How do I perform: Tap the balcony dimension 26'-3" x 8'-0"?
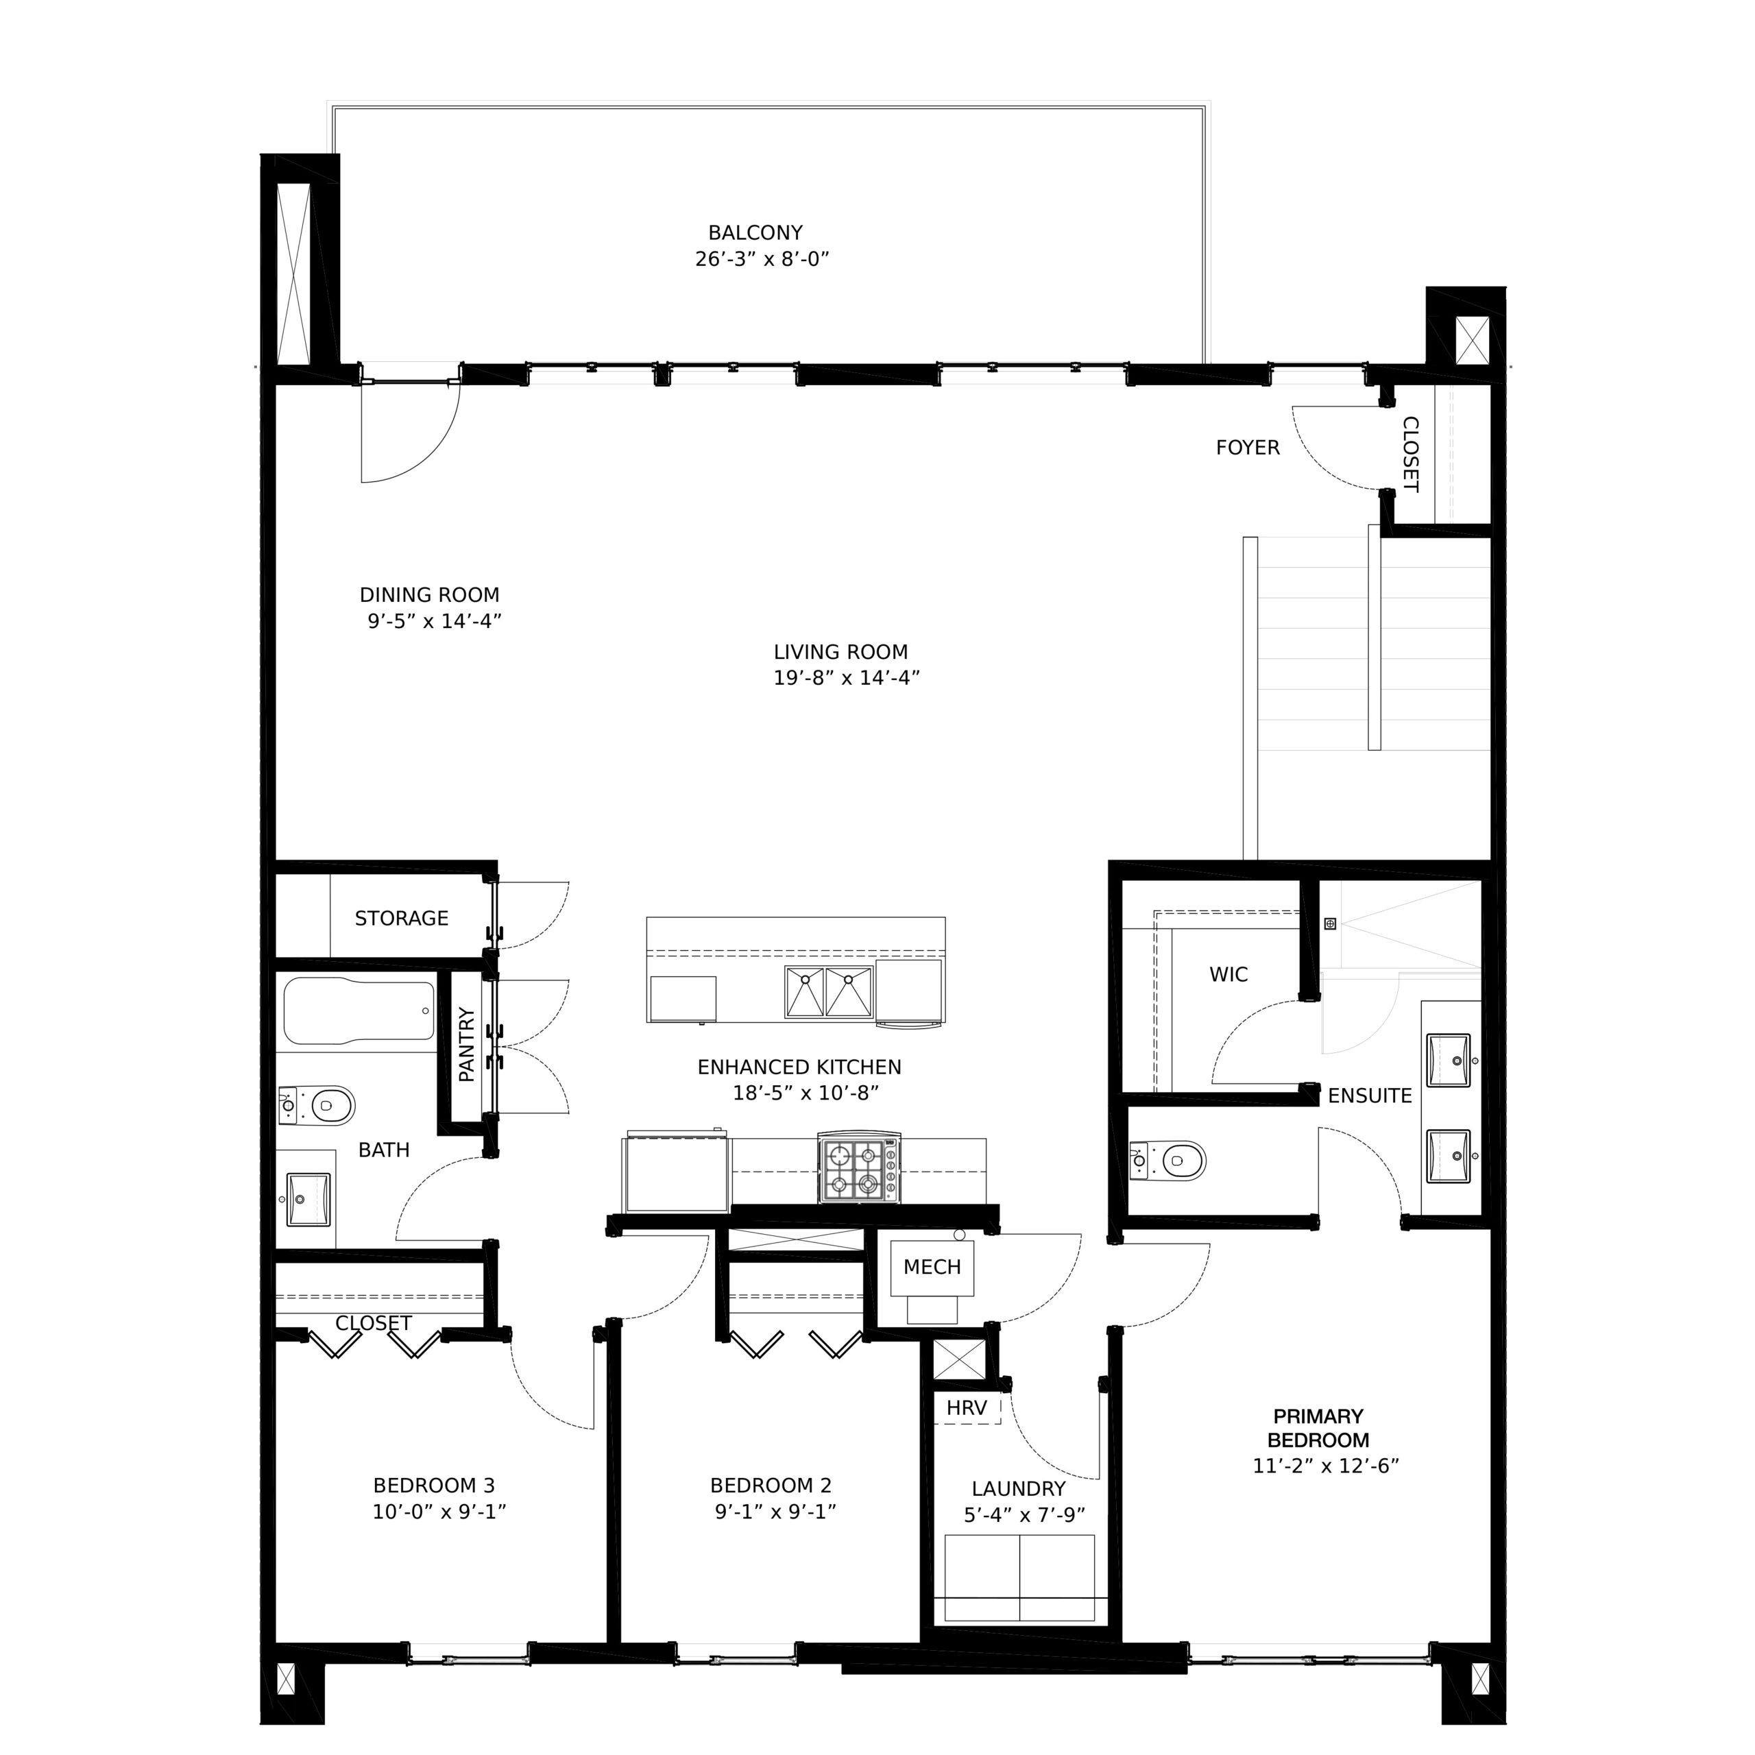[762, 260]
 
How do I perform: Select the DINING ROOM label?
[430, 595]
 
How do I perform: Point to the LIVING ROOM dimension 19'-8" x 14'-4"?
[847, 677]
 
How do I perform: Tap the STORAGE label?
[402, 919]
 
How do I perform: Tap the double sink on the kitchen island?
[828, 992]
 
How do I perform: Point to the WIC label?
[1229, 975]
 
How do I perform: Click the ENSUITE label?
[1370, 1096]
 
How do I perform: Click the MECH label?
[932, 1267]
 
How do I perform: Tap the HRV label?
[967, 1408]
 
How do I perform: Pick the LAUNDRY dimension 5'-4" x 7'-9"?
[1025, 1515]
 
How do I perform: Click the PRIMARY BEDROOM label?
[1318, 1428]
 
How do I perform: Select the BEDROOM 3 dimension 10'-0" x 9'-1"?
[439, 1512]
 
